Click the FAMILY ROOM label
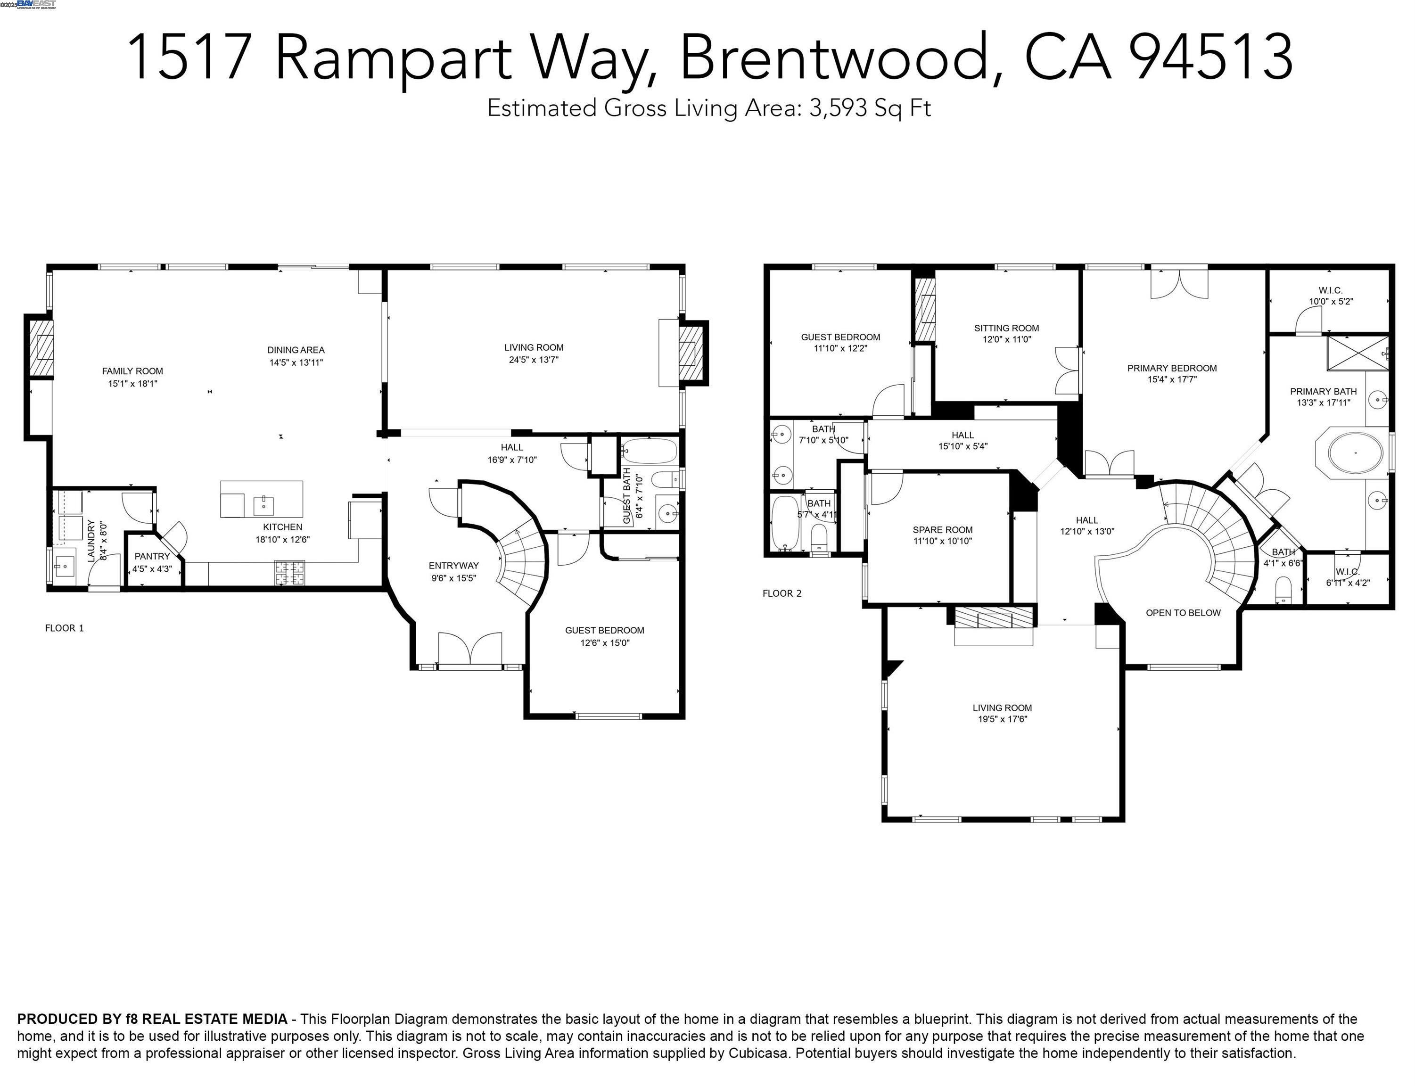pos(132,371)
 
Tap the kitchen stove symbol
pos(289,572)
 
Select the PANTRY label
pos(152,556)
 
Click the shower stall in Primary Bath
pos(1356,353)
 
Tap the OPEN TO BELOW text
pos(1183,613)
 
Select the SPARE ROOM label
pos(943,529)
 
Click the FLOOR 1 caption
pos(64,628)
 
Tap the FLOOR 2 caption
pos(782,593)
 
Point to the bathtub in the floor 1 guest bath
pos(649,451)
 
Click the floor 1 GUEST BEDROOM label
pos(604,630)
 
